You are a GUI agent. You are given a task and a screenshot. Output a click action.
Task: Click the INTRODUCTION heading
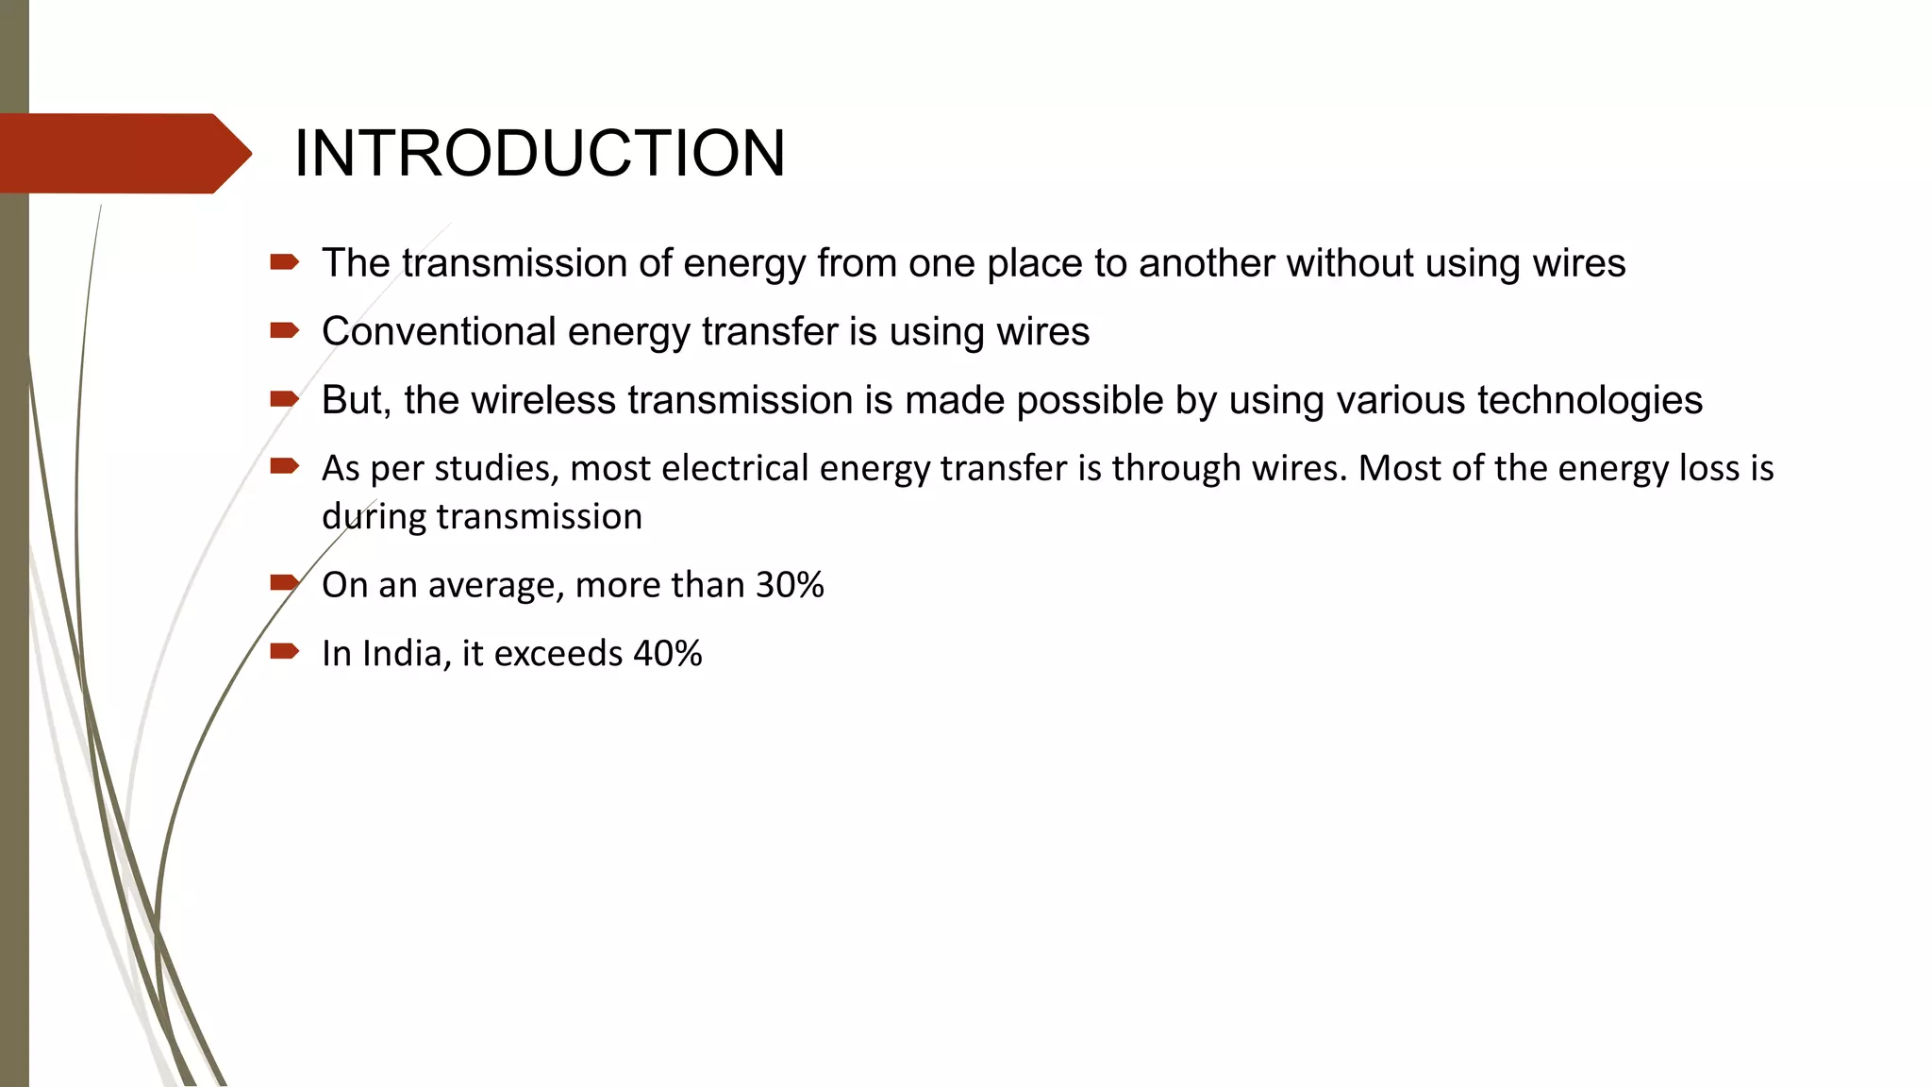click(x=540, y=154)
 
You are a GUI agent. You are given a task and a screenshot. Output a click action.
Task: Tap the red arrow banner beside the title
click(x=123, y=154)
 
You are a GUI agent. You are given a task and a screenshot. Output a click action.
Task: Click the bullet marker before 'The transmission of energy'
click(x=284, y=262)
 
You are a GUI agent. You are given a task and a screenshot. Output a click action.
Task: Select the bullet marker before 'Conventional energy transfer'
click(x=284, y=330)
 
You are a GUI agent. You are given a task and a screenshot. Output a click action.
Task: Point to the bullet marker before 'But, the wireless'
click(x=284, y=399)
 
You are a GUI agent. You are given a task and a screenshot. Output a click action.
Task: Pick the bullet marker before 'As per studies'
click(x=284, y=466)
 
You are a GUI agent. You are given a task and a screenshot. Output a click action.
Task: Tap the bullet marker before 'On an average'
click(x=284, y=583)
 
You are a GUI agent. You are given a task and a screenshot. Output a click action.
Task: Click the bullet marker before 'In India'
click(x=284, y=651)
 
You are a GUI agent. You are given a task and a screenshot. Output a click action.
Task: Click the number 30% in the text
click(x=790, y=585)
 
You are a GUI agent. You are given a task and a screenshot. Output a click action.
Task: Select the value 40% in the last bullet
click(x=667, y=653)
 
